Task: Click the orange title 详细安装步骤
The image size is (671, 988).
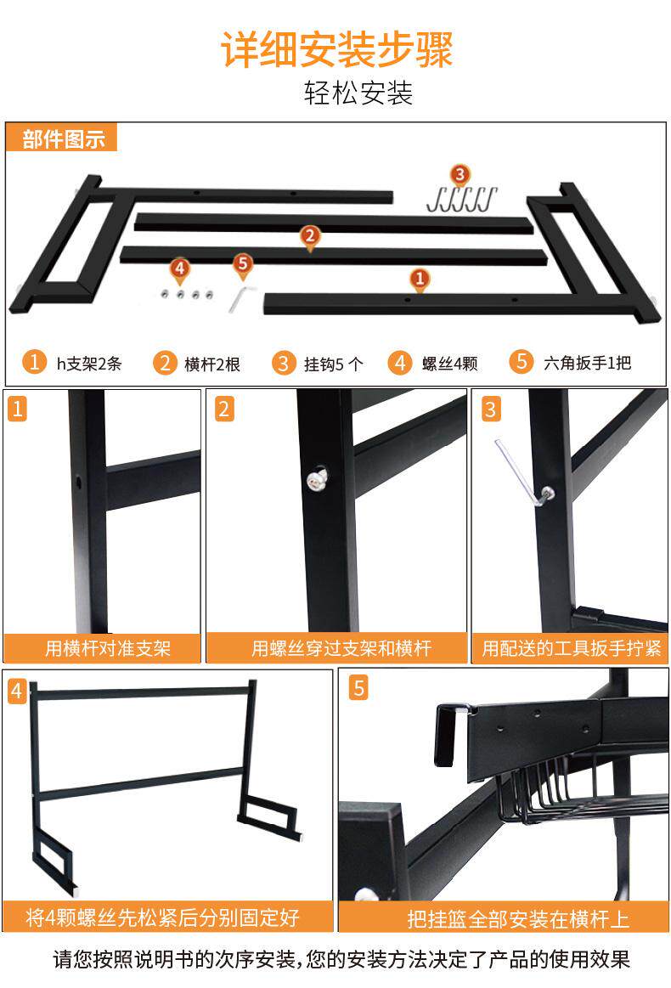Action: (x=336, y=49)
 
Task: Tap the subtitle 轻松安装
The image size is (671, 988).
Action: (x=358, y=93)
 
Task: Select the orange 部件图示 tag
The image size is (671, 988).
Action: (x=62, y=138)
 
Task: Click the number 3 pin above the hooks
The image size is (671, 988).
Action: (x=460, y=175)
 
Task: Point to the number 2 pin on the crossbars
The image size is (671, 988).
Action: (x=309, y=238)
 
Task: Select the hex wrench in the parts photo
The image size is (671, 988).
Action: (x=240, y=299)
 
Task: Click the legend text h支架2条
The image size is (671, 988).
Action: (x=89, y=364)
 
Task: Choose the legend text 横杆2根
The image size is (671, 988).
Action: (x=212, y=364)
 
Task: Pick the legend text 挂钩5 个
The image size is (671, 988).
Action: (x=333, y=364)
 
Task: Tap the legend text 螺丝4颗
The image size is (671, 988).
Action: (x=450, y=364)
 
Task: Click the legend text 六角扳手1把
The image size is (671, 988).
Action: (x=587, y=363)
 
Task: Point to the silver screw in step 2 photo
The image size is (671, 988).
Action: (x=317, y=479)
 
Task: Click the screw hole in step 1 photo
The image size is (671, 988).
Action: (x=79, y=483)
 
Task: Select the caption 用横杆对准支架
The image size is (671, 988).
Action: (x=108, y=647)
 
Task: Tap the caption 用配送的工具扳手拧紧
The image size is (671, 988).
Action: (x=571, y=647)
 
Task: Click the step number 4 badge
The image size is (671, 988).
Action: (x=16, y=692)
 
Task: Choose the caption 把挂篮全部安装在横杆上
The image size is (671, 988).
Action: (x=518, y=919)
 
